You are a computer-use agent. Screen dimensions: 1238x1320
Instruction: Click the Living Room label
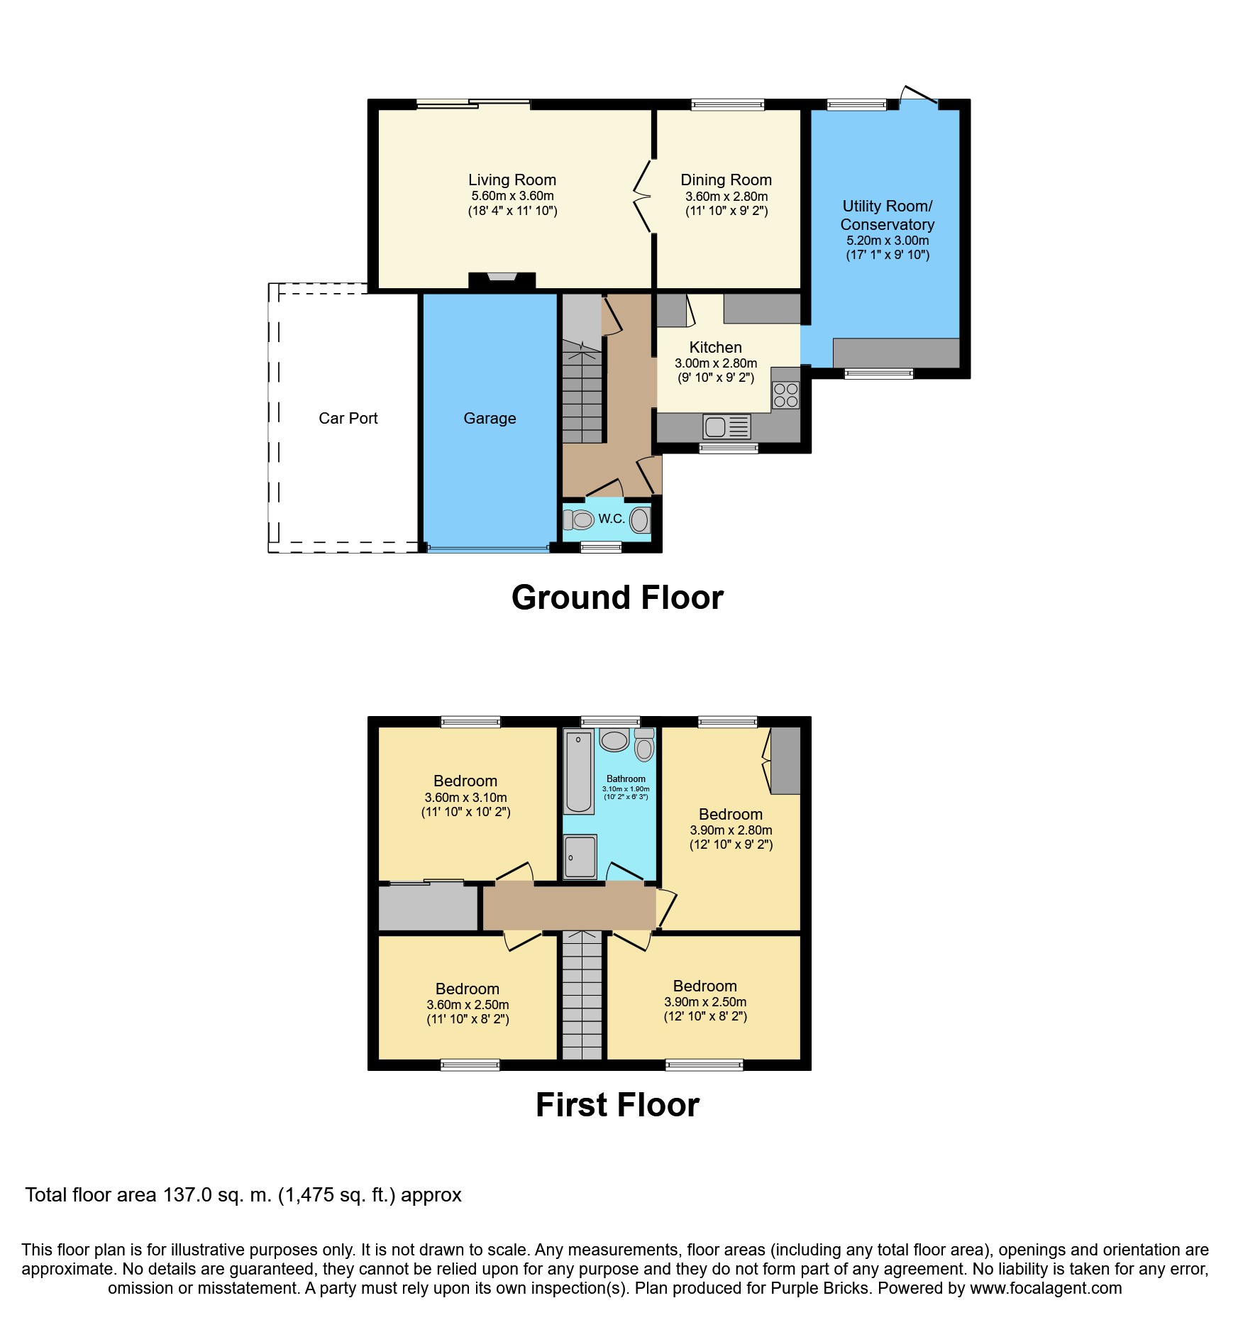coord(512,180)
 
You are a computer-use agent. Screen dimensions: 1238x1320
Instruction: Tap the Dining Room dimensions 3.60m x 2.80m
coord(726,197)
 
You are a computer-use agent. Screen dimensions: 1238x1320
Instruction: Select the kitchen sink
coord(726,427)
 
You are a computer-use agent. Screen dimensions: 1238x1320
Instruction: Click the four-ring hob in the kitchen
coord(785,395)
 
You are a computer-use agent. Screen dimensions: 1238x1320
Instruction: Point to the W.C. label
coord(611,519)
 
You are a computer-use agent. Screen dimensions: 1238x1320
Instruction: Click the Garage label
coord(490,419)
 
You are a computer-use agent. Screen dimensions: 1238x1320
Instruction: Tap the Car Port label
coord(348,419)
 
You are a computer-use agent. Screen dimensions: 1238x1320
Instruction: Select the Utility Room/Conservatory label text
coord(888,215)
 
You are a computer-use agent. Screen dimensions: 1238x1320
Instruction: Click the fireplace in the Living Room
coord(502,281)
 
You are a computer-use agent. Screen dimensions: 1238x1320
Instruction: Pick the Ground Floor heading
coord(617,598)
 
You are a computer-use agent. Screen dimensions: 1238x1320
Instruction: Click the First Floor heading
coord(617,1105)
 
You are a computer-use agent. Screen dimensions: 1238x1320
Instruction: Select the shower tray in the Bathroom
coord(580,857)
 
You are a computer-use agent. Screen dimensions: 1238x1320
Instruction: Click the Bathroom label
coord(626,779)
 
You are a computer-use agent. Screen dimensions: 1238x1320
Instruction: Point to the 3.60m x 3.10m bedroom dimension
coord(465,798)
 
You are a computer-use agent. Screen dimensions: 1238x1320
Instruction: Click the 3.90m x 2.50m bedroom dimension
coord(705,1002)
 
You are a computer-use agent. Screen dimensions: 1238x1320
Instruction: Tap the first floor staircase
coord(582,995)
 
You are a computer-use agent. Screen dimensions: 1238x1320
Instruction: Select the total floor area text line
coord(243,1195)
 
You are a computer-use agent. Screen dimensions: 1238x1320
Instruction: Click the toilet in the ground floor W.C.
coord(578,520)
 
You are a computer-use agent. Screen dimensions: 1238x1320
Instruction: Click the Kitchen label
coord(715,348)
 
